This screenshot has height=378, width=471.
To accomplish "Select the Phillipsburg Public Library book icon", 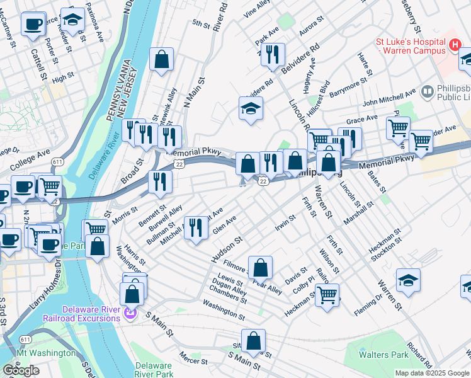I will (x=428, y=93).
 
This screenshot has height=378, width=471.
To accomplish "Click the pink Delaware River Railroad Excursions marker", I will (x=130, y=312).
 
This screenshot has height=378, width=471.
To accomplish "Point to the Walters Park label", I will (x=383, y=355).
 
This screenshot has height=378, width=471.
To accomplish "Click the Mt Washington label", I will (x=45, y=353).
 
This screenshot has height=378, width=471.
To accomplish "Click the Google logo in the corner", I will (x=21, y=370).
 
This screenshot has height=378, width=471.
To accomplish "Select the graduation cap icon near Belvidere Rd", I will (x=250, y=109).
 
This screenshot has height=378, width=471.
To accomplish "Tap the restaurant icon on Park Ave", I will (x=273, y=55).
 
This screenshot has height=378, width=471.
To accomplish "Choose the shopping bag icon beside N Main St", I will (x=162, y=60).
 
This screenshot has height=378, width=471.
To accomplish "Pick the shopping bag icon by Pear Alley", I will (x=260, y=267).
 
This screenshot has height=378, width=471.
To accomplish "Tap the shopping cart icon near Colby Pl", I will (x=327, y=295).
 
